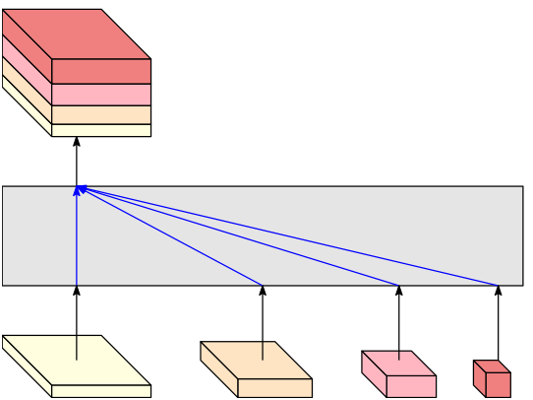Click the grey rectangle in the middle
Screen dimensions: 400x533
[295, 256]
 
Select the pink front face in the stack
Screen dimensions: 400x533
[101, 95]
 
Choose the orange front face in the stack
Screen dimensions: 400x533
[101, 115]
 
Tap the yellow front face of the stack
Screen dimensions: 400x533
[101, 130]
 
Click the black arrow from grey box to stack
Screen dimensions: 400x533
[77, 163]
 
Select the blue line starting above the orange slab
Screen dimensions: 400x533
[177, 237]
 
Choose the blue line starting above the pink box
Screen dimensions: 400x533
[246, 236]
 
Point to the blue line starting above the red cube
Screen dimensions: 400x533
[295, 236]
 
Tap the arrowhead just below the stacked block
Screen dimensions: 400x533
[77, 142]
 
